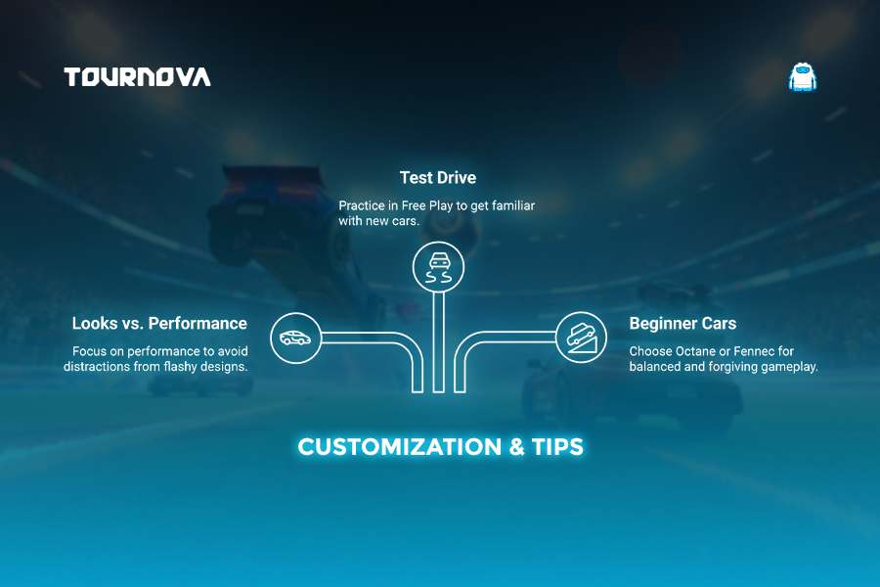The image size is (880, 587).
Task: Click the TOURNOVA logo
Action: click(x=138, y=77)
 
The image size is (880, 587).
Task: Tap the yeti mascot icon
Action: click(x=803, y=77)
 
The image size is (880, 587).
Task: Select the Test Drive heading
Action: click(x=438, y=177)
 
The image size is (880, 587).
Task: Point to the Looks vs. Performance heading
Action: click(x=159, y=324)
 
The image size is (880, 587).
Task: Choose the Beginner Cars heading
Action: click(x=682, y=324)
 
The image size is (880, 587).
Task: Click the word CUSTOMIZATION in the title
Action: click(x=400, y=447)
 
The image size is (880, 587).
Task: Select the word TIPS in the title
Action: click(x=557, y=447)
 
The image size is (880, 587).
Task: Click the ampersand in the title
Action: click(x=516, y=447)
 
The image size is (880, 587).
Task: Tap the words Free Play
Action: click(x=427, y=206)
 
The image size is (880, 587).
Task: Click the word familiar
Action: click(x=513, y=205)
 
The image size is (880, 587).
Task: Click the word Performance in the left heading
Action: click(x=198, y=324)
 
